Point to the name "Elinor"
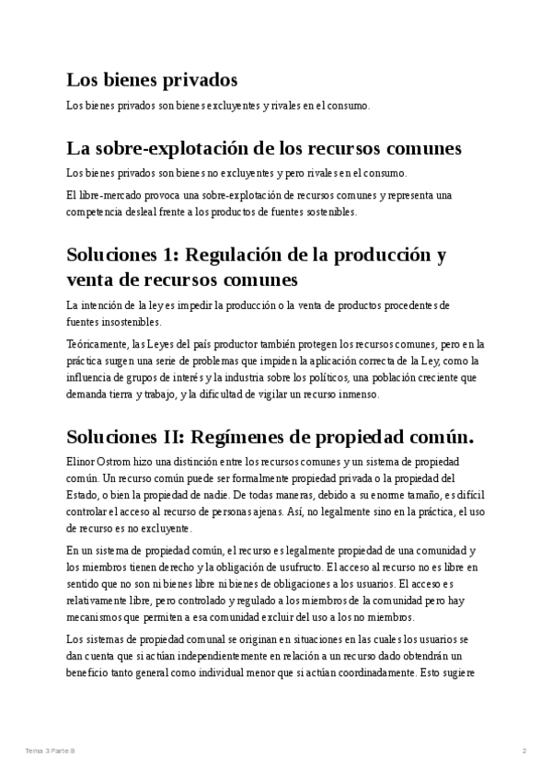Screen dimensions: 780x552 tap(82, 460)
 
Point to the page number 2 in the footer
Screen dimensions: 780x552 tap(523, 751)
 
